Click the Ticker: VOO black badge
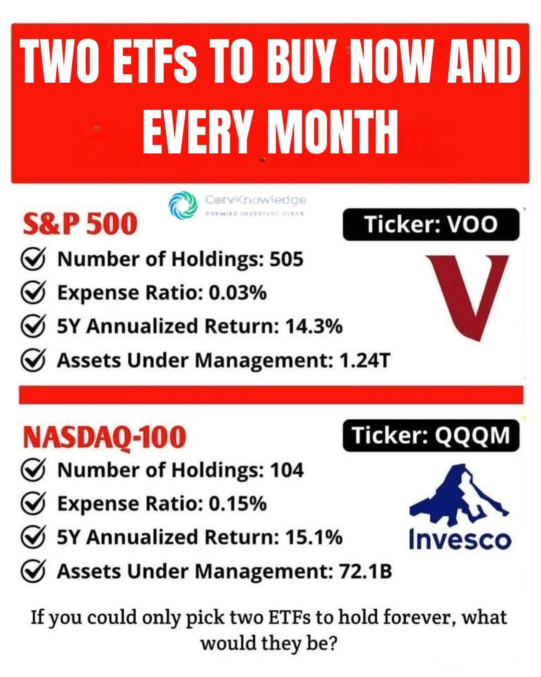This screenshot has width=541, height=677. pos(431,225)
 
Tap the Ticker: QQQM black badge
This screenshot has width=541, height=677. pos(431,436)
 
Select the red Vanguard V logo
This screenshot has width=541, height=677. pos(467,296)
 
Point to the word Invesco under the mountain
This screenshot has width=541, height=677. pos(459,540)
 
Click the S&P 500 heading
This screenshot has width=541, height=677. pos(80,224)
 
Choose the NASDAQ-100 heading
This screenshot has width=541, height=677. pos(104,437)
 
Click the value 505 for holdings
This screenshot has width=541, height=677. pos(287,259)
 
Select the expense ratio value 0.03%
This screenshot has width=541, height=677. pos(237,293)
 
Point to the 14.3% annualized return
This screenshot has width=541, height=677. pos(314,326)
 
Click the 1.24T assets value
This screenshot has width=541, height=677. pos(364,361)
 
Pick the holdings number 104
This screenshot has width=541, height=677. pos(287,470)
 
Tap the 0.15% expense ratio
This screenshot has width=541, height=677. pos(237,504)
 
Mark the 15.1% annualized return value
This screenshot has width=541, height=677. pos(314,538)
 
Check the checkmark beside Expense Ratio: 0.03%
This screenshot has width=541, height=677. pos(34,292)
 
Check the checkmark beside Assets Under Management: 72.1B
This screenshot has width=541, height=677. pos(34,571)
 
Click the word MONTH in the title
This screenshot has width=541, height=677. pos(333,131)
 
